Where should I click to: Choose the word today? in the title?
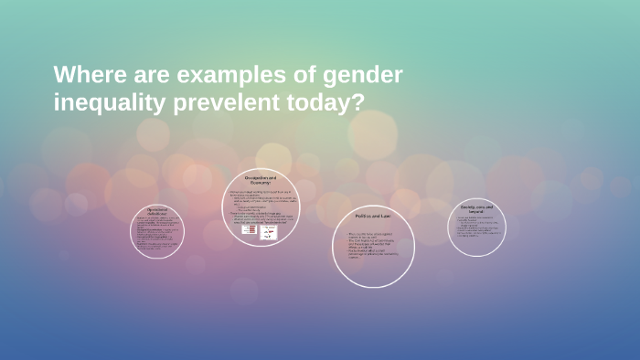click(328, 102)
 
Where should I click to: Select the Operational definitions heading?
click(157, 210)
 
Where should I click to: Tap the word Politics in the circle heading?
click(367, 216)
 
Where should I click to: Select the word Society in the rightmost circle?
click(469, 207)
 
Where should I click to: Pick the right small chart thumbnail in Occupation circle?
click(269, 233)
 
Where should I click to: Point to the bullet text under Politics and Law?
click(372, 246)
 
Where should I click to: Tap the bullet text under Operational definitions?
click(157, 232)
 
